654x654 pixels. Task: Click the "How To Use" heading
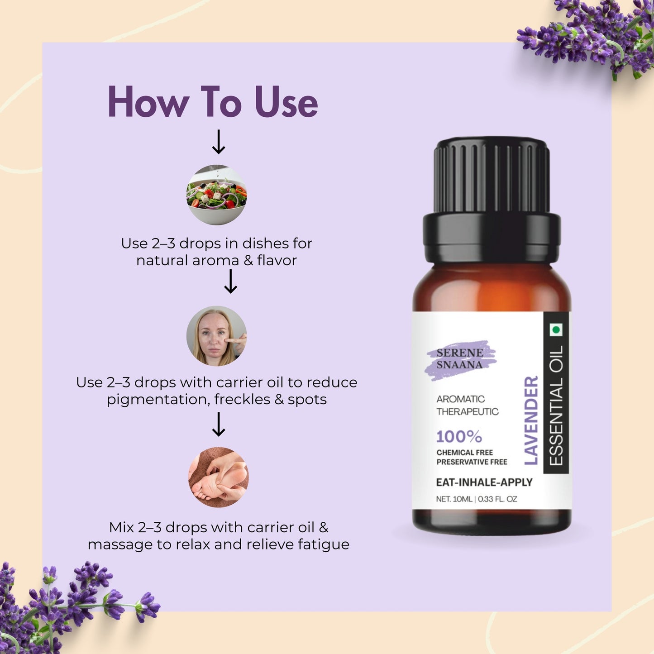[x=213, y=103]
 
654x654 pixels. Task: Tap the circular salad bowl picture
[x=217, y=195]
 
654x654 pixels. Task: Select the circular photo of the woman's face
[x=217, y=336]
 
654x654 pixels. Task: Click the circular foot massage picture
[x=218, y=477]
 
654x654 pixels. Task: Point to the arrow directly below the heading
[x=219, y=142]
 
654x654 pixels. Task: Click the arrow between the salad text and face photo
[x=231, y=282]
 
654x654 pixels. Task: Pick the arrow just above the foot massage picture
[x=219, y=424]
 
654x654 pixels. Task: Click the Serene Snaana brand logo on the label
[x=460, y=359]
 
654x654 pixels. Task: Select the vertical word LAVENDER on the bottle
[x=531, y=420]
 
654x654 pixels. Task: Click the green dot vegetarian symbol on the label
[x=556, y=330]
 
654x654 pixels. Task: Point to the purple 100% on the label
[x=459, y=437]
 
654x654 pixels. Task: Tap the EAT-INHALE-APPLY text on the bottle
[x=484, y=482]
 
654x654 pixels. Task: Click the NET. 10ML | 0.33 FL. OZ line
[x=476, y=499]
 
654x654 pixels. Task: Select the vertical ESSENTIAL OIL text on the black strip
[x=556, y=405]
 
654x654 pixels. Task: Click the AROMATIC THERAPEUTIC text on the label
[x=467, y=405]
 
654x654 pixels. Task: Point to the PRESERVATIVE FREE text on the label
[x=472, y=462]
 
